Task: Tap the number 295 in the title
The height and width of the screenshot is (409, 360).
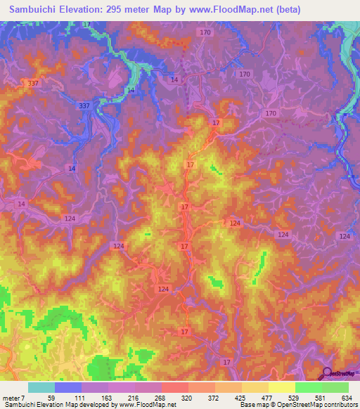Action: coord(137,10)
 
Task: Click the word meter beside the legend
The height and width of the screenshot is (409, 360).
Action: coord(11,398)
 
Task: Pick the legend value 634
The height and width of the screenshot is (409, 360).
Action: coord(347,398)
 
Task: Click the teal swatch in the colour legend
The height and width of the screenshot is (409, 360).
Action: coord(41,387)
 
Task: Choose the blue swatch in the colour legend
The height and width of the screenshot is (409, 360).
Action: coord(67,387)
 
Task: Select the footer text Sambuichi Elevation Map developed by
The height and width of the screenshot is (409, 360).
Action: coord(53,405)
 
